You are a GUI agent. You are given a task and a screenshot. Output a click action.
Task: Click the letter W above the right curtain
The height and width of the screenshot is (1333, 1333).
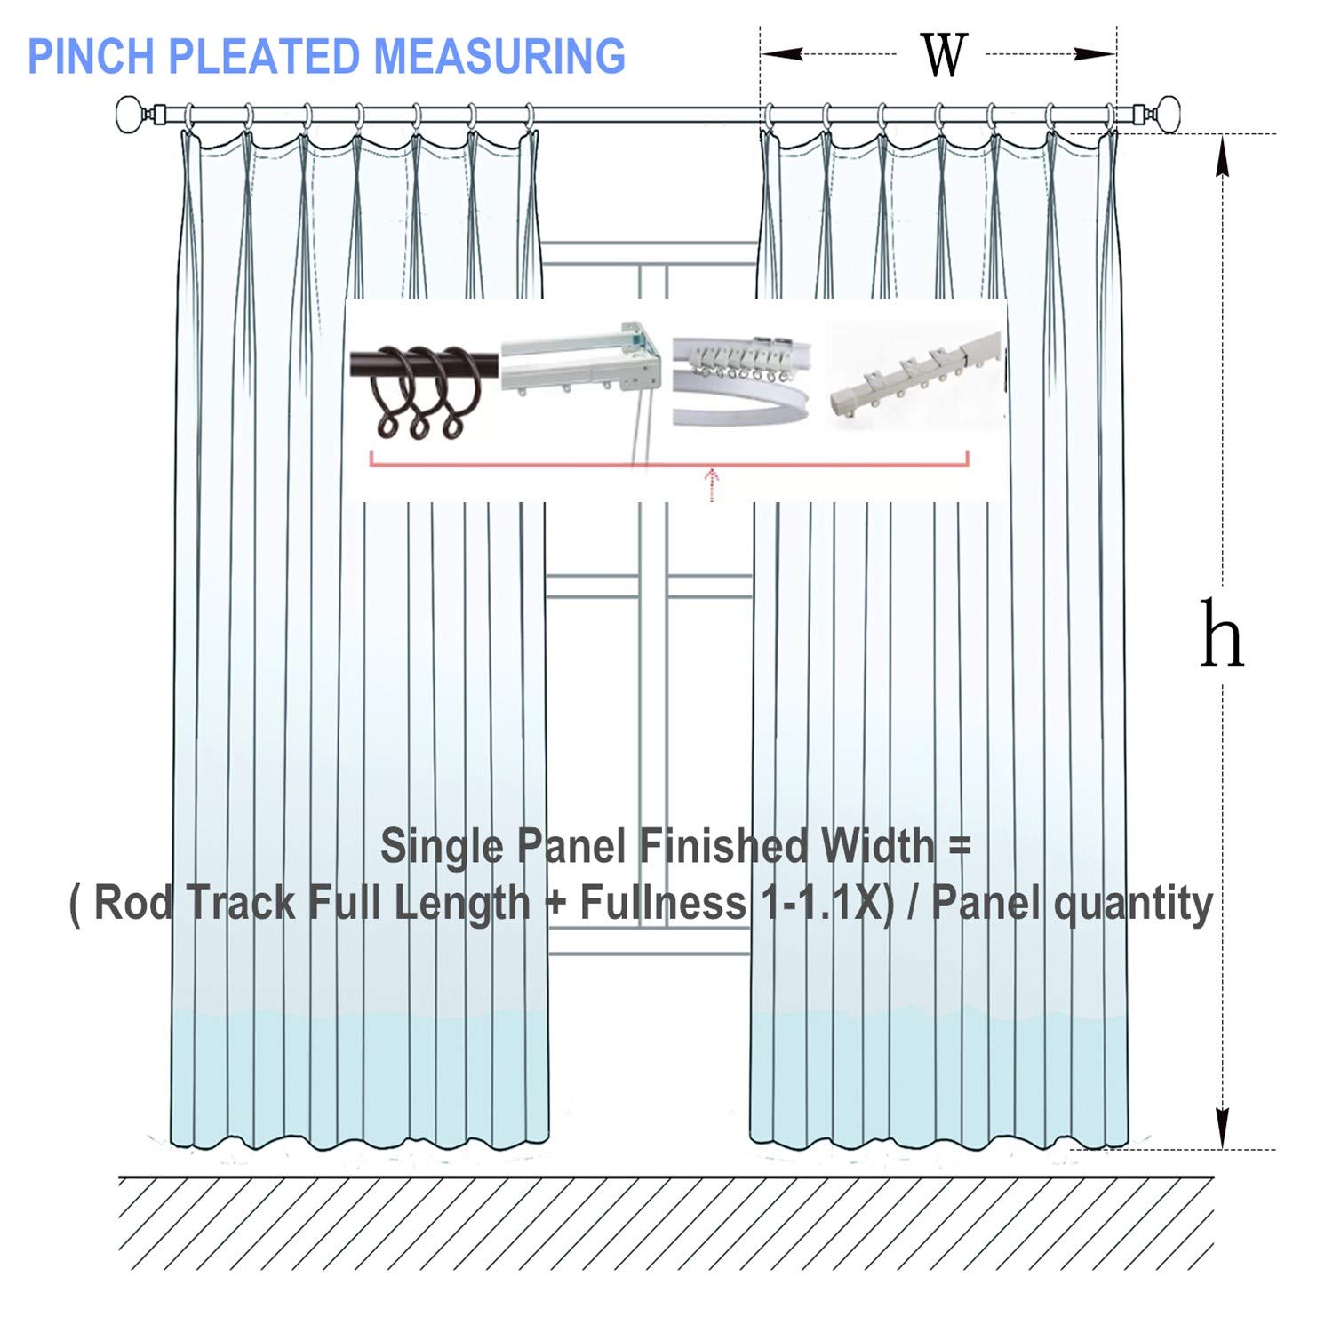(x=943, y=55)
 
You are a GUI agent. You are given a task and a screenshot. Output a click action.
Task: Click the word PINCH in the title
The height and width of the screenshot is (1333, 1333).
(x=92, y=56)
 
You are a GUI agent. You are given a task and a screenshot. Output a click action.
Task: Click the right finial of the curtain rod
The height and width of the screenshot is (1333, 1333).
(x=1164, y=116)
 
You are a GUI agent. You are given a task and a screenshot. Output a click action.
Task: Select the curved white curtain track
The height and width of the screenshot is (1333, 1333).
(x=742, y=382)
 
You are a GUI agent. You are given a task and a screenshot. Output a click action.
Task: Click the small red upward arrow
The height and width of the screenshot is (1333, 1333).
(x=712, y=484)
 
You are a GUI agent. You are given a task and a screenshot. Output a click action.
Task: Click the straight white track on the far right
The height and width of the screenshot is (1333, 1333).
(x=915, y=378)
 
